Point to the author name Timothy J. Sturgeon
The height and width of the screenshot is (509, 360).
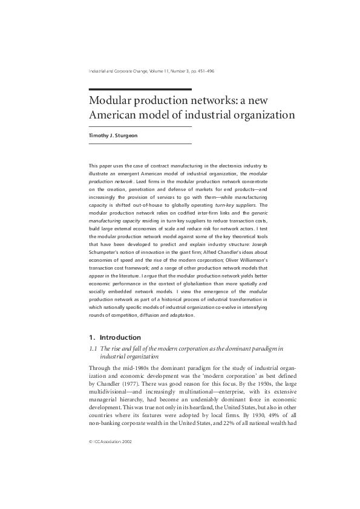coord(114,135)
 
